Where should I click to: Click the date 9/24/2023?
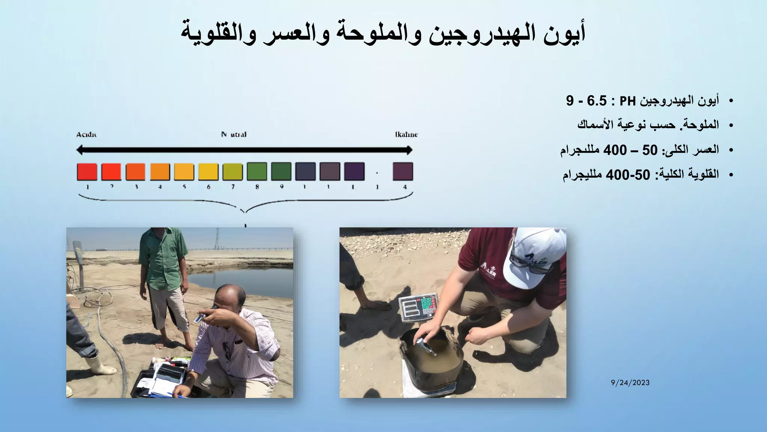630,383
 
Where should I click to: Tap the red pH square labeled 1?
87,172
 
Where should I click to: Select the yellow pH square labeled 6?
208,172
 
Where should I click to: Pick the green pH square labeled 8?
257,172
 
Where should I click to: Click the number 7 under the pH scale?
233,187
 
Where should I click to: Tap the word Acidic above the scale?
86,135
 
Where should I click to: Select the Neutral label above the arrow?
234,135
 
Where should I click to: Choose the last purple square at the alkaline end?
403,172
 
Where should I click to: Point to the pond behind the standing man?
240,281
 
